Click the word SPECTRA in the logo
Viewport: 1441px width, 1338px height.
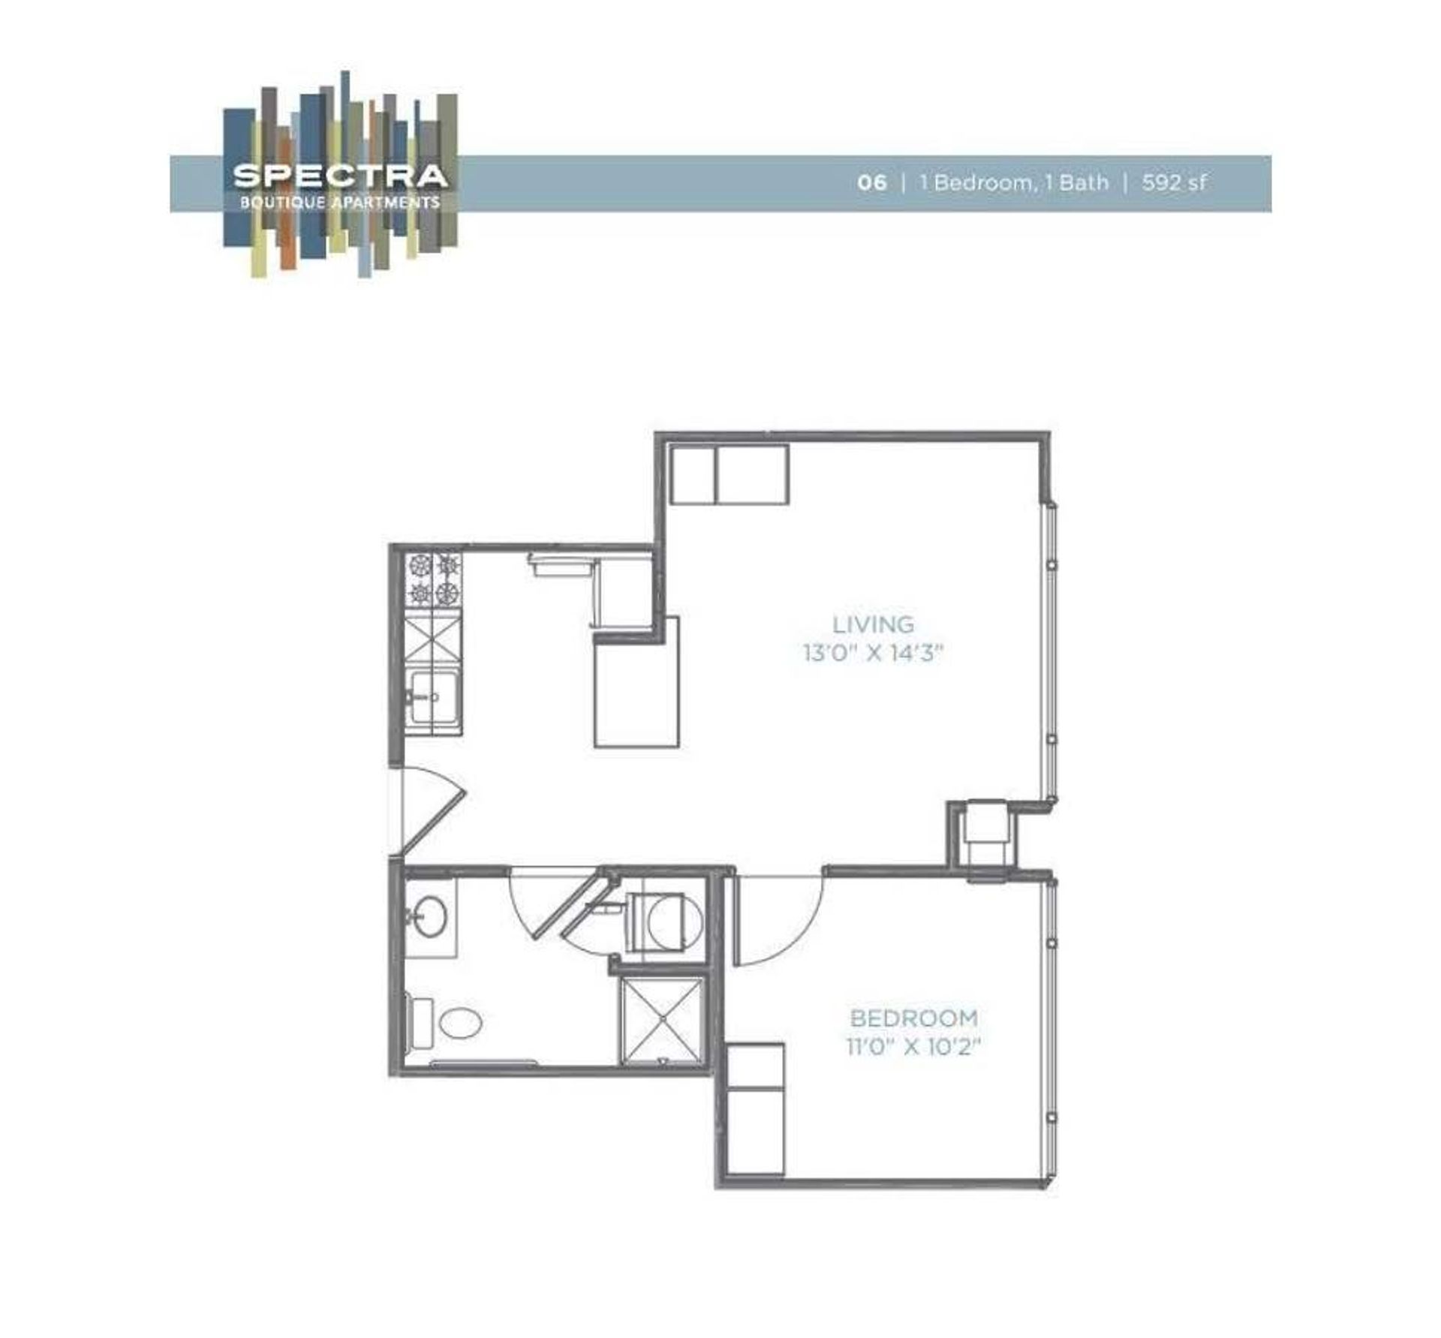pos(340,176)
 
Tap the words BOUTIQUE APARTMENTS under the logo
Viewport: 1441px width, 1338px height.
pos(340,203)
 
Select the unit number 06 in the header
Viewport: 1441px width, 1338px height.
pos(871,182)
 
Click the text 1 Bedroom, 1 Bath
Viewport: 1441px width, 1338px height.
pos(1014,182)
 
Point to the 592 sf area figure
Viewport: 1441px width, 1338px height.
pos(1175,182)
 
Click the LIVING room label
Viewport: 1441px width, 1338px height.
pos(874,624)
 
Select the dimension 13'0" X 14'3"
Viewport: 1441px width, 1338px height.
pos(873,654)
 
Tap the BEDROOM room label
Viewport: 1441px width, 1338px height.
pos(914,1018)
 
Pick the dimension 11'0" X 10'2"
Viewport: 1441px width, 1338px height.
pos(914,1046)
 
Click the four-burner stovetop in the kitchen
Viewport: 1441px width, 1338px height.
pos(434,579)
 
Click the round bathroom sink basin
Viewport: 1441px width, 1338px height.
pos(431,916)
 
